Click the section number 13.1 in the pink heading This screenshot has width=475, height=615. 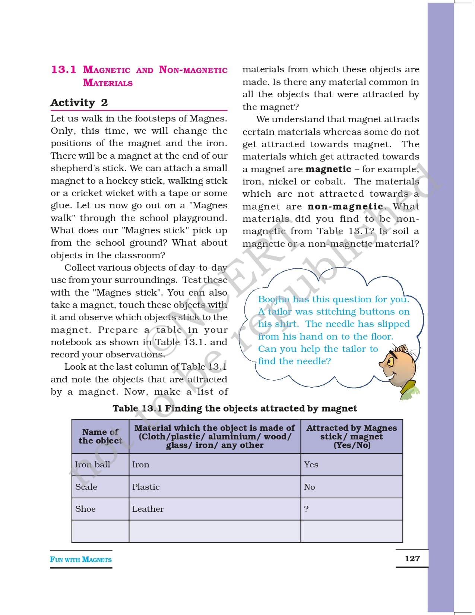[63, 70]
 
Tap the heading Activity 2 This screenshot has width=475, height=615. [79, 102]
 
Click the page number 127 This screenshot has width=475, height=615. [412, 558]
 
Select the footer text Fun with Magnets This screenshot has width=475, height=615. [81, 559]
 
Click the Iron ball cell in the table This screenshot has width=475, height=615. [92, 464]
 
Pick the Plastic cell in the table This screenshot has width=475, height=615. [146, 487]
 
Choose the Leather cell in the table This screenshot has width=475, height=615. [148, 509]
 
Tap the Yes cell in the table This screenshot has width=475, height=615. [311, 464]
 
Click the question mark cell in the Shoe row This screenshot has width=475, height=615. [306, 509]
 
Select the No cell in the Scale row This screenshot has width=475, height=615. [309, 487]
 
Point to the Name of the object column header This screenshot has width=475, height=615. [100, 436]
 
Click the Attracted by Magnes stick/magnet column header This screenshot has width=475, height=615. [351, 436]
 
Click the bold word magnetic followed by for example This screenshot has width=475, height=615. [328, 169]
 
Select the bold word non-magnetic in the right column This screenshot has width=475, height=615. [345, 206]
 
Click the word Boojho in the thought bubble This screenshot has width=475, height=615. [274, 299]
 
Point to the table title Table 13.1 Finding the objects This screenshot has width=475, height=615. [235, 409]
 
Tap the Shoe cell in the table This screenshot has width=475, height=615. [85, 509]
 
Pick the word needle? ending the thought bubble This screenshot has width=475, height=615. [316, 361]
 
